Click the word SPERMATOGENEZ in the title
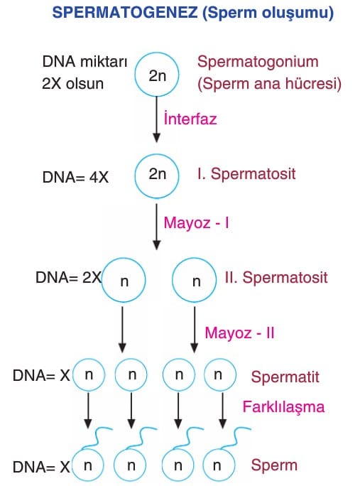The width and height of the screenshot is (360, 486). (x=125, y=12)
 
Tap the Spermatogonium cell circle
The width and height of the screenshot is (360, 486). (x=156, y=53)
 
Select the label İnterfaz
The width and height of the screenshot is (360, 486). (x=190, y=118)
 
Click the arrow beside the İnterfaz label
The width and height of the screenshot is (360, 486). (x=157, y=119)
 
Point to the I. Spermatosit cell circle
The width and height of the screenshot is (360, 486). (x=156, y=154)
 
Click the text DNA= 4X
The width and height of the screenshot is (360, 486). (x=75, y=178)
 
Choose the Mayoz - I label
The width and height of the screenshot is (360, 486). (x=197, y=222)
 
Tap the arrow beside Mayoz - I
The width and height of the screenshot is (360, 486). (x=157, y=227)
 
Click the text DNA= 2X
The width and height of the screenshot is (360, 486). (x=68, y=277)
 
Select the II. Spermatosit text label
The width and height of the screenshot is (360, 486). (x=276, y=277)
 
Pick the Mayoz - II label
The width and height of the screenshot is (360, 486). (x=239, y=333)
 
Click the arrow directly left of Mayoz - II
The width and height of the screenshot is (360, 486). (x=195, y=330)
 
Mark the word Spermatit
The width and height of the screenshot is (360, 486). (x=285, y=377)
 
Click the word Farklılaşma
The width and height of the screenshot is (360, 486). (x=283, y=406)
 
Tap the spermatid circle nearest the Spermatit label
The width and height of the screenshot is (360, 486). (x=220, y=360)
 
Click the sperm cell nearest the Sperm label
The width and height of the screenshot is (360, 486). (x=219, y=449)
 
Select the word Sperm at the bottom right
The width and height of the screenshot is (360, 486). (x=274, y=465)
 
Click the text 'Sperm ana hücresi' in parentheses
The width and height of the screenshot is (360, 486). (x=269, y=83)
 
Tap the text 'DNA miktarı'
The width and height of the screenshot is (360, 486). (x=84, y=61)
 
